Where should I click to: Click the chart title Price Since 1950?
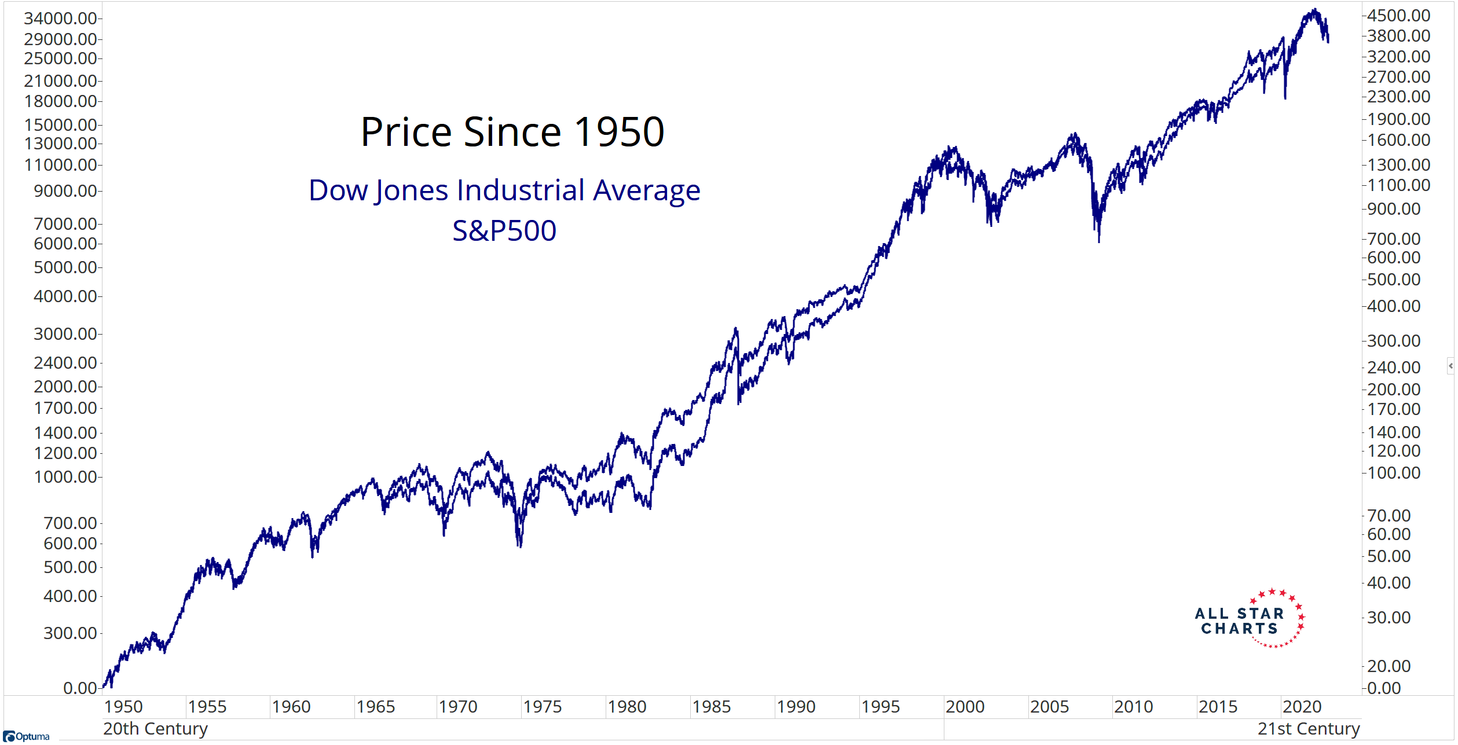[512, 132]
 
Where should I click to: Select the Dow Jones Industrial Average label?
[504, 190]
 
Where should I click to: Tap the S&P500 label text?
[504, 230]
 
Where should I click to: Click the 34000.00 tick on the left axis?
[60, 19]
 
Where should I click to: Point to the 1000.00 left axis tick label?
[65, 477]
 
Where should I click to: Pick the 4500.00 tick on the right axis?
[1398, 16]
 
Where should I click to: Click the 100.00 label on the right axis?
[1393, 473]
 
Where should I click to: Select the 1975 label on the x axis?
[542, 707]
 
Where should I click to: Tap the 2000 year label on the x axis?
[965, 707]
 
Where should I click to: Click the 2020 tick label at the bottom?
[1302, 707]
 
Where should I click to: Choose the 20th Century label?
[155, 729]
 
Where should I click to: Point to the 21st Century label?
[1308, 729]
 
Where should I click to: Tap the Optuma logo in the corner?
[27, 736]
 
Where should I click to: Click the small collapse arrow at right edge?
[1450, 366]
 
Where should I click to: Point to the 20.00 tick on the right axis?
[1389, 666]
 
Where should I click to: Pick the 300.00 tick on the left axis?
[70, 633]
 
